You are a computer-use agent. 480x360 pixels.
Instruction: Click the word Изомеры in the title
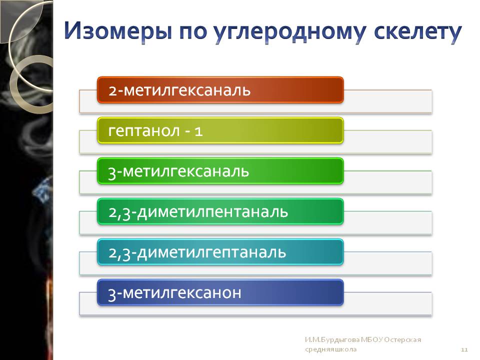click(x=118, y=31)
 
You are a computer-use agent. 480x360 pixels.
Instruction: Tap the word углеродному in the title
click(x=289, y=32)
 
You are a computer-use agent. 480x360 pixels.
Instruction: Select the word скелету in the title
click(x=418, y=32)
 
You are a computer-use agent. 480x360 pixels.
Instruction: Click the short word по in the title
click(x=192, y=32)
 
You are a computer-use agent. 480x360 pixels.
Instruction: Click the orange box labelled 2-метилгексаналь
click(x=220, y=90)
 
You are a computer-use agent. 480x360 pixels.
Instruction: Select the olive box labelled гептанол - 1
click(x=220, y=130)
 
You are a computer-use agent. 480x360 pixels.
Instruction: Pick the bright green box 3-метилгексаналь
click(x=220, y=171)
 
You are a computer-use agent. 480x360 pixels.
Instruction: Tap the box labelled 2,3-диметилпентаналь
click(x=220, y=211)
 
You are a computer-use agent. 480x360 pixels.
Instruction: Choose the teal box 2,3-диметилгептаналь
click(x=220, y=252)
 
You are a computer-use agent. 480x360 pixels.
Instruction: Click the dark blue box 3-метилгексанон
click(x=220, y=292)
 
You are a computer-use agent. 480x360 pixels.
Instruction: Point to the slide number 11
click(x=464, y=349)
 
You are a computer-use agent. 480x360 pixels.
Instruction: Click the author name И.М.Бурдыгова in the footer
click(x=332, y=339)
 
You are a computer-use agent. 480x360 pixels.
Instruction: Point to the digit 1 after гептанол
click(x=198, y=131)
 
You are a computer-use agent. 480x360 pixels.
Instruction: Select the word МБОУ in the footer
click(x=371, y=339)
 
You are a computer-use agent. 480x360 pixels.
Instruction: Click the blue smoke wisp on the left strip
click(x=43, y=190)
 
